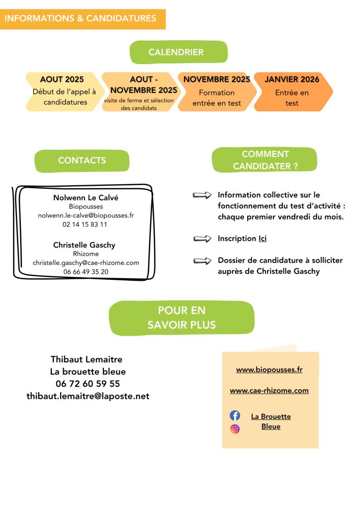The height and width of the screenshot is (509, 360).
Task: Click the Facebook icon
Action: click(x=235, y=416)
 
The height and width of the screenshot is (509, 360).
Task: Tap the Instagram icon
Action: click(x=235, y=429)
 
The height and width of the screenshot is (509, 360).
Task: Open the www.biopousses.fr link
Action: click(x=269, y=369)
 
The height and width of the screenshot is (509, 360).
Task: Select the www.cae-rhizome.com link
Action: click(x=269, y=390)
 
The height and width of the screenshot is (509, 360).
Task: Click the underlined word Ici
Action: click(x=263, y=238)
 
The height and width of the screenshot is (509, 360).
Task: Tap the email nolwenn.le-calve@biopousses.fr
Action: click(x=86, y=215)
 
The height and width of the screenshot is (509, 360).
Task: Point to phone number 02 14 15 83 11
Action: click(x=85, y=224)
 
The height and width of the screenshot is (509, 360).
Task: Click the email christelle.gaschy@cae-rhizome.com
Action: click(x=86, y=262)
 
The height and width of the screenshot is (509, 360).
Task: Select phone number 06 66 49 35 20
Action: click(x=86, y=272)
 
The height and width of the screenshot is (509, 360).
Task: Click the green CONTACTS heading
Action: click(x=82, y=161)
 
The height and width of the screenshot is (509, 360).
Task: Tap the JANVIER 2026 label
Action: click(x=292, y=79)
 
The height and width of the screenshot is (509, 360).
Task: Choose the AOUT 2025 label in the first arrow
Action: click(x=62, y=79)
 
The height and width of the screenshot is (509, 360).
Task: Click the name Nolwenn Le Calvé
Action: click(x=86, y=197)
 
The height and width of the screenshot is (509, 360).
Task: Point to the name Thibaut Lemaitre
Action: click(x=87, y=359)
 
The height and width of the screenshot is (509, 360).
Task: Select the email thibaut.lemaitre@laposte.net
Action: click(x=88, y=396)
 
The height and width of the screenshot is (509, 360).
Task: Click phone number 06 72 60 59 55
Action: click(x=88, y=384)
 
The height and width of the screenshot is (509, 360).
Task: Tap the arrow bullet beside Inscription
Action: click(x=202, y=239)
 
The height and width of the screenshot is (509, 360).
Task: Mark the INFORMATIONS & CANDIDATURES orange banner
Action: click(x=83, y=19)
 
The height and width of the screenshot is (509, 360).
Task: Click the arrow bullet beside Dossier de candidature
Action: click(x=202, y=260)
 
